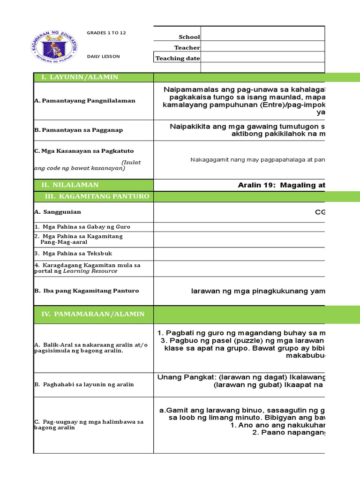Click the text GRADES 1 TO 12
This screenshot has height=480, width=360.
tap(106, 33)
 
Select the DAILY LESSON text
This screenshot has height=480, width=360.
tap(103, 57)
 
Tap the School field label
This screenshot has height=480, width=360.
tap(189, 37)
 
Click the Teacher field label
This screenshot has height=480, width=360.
tap(187, 47)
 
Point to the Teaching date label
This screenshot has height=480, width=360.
tap(178, 58)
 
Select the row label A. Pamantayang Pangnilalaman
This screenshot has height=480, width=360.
tap(84, 100)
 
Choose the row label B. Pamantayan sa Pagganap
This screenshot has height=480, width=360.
tap(78, 130)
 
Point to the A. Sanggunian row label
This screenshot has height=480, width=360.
tap(57, 212)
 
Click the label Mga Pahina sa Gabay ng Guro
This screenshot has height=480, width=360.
tap(84, 227)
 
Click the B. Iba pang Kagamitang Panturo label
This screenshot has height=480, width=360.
tap(86, 291)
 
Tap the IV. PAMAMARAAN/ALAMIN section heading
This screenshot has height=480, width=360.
tap(93, 314)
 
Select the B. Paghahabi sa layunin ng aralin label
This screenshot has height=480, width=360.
tap(83, 384)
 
